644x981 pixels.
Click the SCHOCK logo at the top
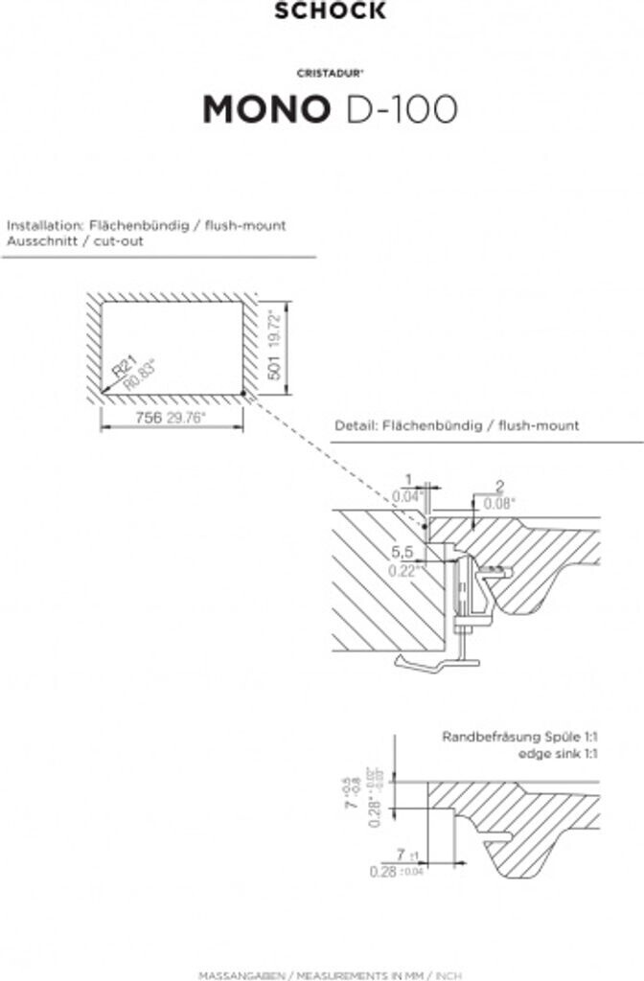click(x=331, y=11)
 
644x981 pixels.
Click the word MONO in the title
click(x=264, y=109)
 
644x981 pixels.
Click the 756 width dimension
click(x=148, y=419)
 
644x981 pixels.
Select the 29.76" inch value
click(x=186, y=419)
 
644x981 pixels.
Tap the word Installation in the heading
click(x=43, y=226)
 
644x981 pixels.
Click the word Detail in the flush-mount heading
click(x=355, y=425)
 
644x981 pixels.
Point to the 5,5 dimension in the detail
click(x=403, y=553)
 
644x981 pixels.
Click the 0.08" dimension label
click(x=498, y=502)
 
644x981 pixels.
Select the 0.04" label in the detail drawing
click(x=406, y=496)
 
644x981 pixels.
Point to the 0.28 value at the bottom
click(x=383, y=871)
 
